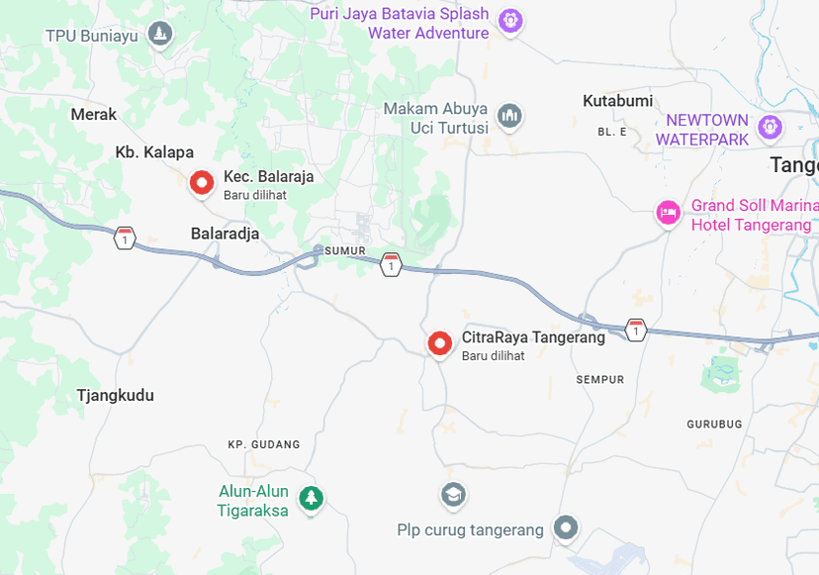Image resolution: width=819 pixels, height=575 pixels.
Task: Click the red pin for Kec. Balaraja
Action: point(202,182)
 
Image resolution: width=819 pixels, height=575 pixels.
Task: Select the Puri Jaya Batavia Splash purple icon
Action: point(510,20)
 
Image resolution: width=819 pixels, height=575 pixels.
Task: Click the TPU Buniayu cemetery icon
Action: point(160,36)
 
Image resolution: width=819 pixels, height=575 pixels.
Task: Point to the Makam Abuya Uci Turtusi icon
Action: point(510,117)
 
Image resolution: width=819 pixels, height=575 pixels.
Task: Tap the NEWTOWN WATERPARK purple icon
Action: point(770,127)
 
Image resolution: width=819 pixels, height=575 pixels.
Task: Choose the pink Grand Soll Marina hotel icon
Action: point(669,212)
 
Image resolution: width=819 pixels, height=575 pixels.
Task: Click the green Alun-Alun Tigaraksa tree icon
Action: point(312,498)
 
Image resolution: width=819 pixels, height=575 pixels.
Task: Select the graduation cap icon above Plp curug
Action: point(453,493)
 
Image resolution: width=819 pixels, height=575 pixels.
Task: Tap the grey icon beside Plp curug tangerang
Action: point(566,528)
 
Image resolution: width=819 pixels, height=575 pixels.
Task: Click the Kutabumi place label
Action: point(618,101)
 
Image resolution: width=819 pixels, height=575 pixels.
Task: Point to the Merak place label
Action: point(94,115)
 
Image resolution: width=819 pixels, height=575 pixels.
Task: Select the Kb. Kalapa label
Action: point(154,152)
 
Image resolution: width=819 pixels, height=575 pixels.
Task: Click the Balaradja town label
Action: point(225,234)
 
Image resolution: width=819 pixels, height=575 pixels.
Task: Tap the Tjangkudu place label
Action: point(116,396)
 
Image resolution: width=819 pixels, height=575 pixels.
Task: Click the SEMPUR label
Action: point(600,380)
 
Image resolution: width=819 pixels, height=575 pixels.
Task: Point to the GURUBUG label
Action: point(714,424)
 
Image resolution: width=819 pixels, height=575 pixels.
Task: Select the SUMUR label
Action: point(345,251)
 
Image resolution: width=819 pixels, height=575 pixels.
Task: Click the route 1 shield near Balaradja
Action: point(124,238)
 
